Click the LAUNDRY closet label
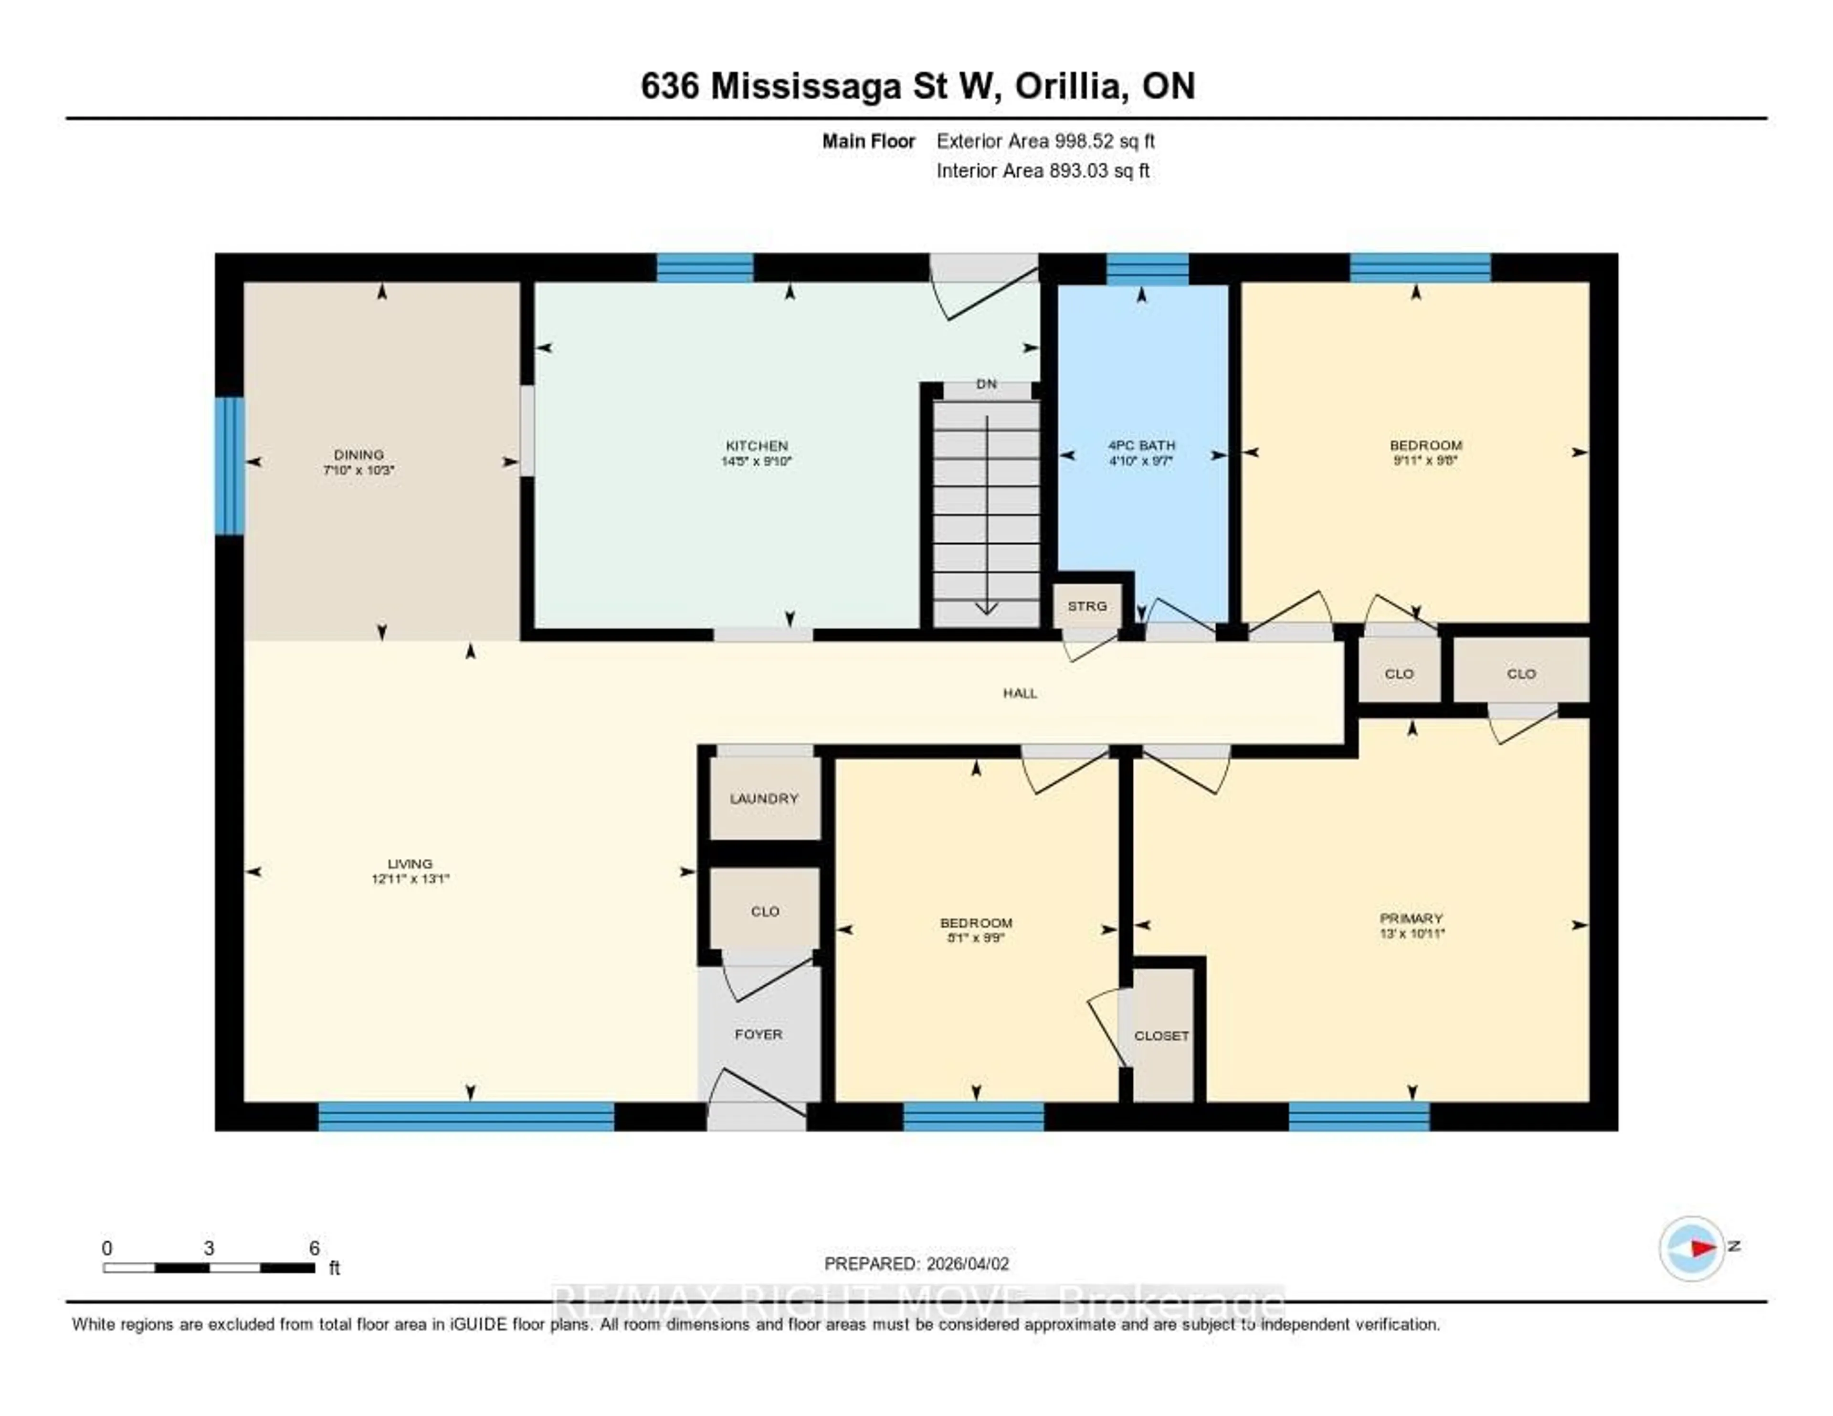tap(764, 798)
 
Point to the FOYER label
tap(758, 1034)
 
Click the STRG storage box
tap(1087, 606)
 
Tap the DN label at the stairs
tap(986, 383)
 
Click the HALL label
tap(1020, 692)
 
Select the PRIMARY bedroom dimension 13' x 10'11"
tap(1412, 932)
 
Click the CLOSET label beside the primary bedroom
tap(1161, 1036)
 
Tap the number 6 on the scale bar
tap(314, 1248)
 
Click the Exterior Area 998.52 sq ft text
tap(1045, 141)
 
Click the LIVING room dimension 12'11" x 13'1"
tap(411, 879)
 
